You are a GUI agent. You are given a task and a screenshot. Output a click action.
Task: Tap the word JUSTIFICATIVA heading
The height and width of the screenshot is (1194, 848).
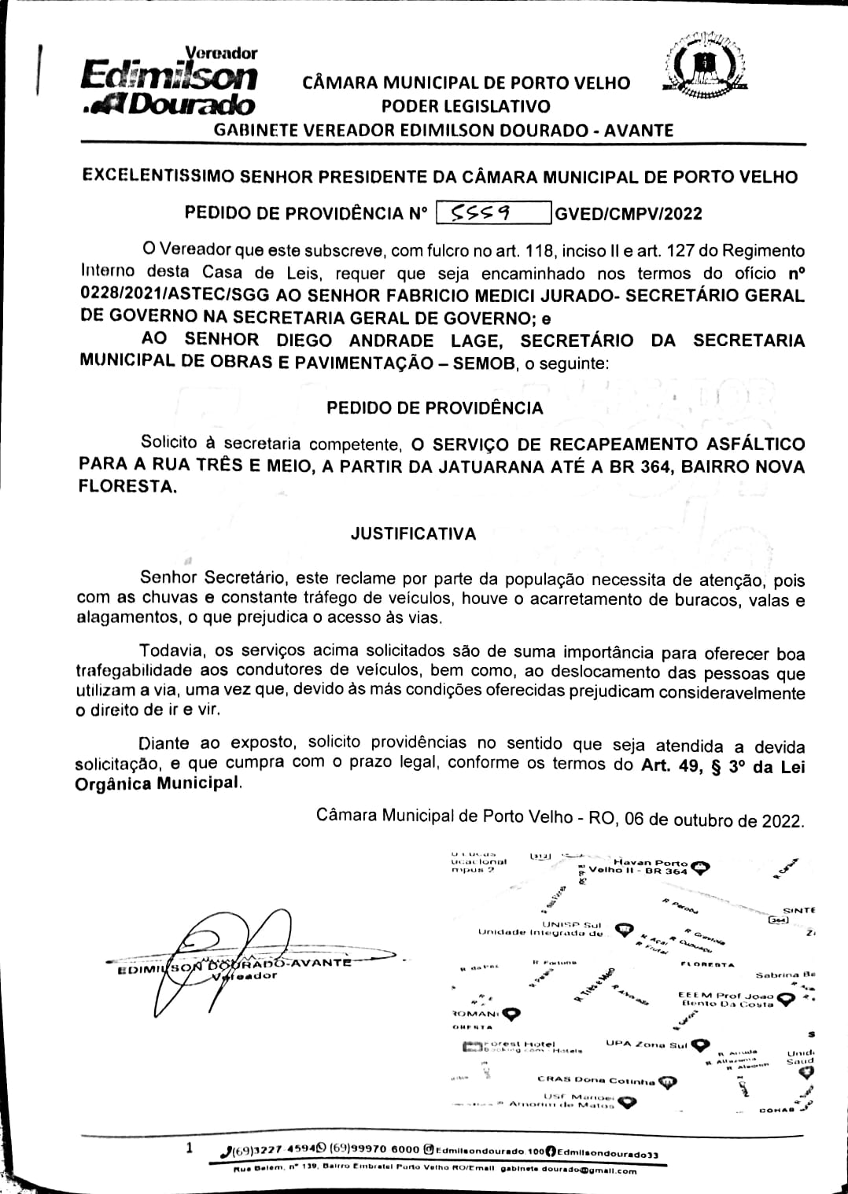[413, 534]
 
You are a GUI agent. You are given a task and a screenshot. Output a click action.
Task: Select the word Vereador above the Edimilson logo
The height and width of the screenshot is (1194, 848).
[226, 53]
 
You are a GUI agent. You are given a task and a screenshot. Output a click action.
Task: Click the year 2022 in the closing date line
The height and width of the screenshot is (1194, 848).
[782, 820]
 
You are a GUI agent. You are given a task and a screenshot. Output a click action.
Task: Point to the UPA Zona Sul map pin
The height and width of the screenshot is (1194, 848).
[701, 1045]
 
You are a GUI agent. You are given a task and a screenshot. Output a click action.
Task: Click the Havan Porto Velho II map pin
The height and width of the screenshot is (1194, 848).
[701, 868]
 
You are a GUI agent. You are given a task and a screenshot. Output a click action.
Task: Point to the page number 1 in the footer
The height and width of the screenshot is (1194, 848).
[189, 1148]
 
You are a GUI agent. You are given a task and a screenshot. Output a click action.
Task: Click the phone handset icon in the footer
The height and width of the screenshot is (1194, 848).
[226, 1152]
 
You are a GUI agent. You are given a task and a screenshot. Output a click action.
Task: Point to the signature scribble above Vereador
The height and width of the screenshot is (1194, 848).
[236, 952]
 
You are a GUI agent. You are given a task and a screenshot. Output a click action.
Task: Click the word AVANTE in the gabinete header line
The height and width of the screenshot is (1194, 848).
[638, 130]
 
